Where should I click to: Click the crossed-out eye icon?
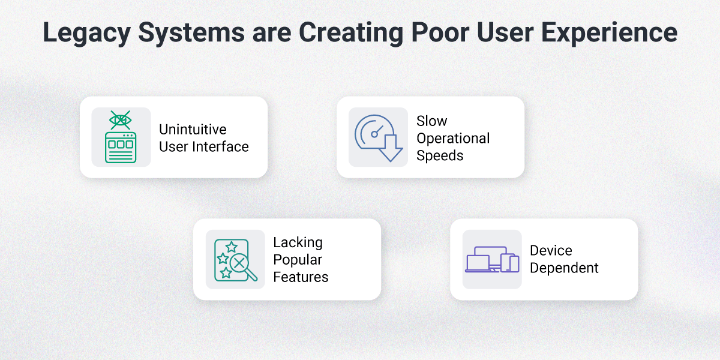121,120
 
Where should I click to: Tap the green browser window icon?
121,148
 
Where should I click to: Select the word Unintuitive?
193,130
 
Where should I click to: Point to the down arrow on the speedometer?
390,148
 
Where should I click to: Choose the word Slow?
432,121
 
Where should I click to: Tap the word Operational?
453,139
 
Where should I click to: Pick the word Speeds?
440,155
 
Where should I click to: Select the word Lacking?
298,242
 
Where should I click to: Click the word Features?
301,277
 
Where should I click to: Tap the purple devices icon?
492,260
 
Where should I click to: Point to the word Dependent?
564,268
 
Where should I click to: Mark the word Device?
551,251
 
